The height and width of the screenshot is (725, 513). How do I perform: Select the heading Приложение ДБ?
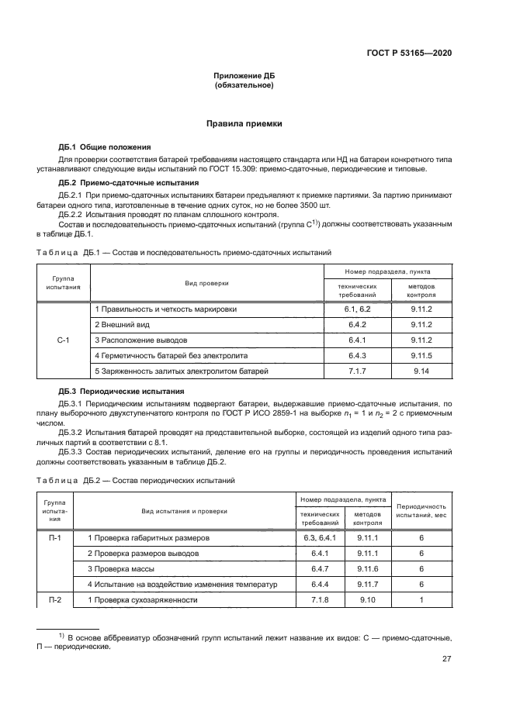pyautogui.click(x=244, y=75)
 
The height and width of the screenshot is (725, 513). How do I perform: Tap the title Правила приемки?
pyautogui.click(x=244, y=123)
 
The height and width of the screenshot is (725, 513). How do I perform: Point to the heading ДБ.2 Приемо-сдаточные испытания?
pyautogui.click(x=123, y=183)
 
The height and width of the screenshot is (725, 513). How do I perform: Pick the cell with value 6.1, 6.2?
pyautogui.click(x=358, y=309)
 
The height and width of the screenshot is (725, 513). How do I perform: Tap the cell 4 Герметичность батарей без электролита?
pyautogui.click(x=172, y=356)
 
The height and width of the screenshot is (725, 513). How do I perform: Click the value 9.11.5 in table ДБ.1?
pyautogui.click(x=421, y=356)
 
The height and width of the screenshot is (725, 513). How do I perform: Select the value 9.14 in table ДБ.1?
pyautogui.click(x=421, y=371)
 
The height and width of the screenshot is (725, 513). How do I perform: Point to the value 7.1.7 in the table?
pyautogui.click(x=358, y=371)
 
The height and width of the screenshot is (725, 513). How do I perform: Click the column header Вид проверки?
pyautogui.click(x=206, y=283)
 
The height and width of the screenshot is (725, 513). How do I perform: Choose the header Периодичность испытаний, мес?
pyautogui.click(x=421, y=510)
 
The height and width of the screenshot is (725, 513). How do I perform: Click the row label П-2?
pyautogui.click(x=55, y=599)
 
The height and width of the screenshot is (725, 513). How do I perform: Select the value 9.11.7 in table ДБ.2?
pyautogui.click(x=366, y=584)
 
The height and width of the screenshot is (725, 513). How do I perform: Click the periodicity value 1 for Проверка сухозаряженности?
pyautogui.click(x=421, y=599)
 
